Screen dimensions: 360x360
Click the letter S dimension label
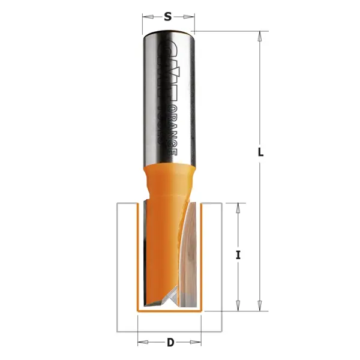point(168,17)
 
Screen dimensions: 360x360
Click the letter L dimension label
point(260,152)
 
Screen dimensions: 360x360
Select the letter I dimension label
point(238,255)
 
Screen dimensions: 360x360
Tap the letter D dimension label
point(170,343)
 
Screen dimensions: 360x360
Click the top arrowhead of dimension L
point(260,36)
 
